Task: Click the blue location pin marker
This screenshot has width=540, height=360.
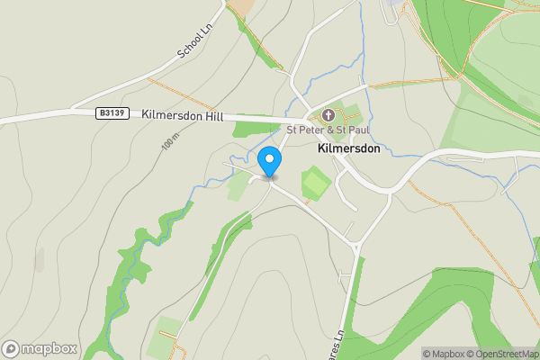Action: point(269,161)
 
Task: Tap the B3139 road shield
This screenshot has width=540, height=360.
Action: point(110,113)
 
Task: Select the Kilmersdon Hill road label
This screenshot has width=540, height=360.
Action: point(183,114)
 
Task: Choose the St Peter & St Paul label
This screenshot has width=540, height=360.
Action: point(328,130)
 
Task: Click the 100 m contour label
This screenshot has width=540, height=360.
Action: point(171,142)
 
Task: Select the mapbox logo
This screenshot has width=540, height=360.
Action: point(39,348)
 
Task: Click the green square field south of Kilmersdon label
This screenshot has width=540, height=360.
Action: point(314,184)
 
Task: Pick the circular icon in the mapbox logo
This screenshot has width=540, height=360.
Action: point(11,348)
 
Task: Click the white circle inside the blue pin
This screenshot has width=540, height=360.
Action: point(269,158)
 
